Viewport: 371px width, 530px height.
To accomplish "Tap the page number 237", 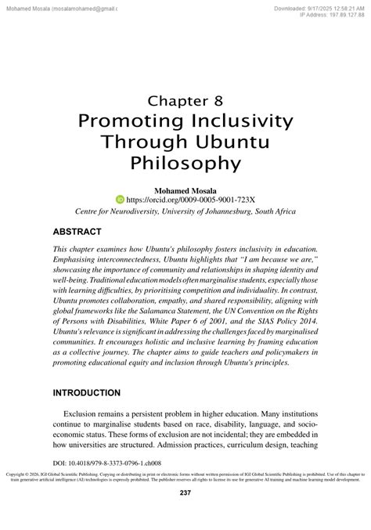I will pos(185,514).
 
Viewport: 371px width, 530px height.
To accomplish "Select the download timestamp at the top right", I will pos(320,7).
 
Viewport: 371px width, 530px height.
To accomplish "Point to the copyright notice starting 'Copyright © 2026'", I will pos(185,499).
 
